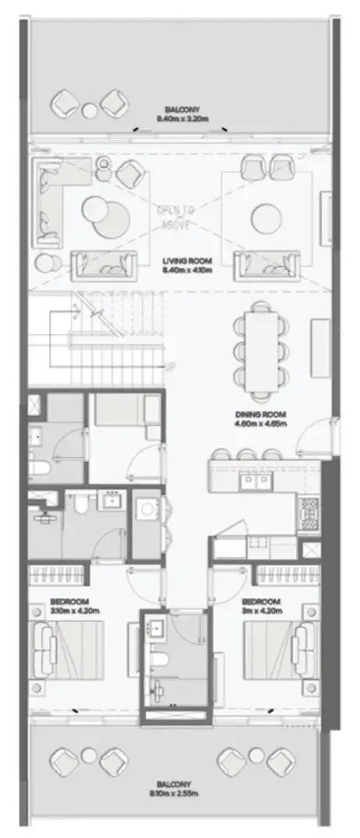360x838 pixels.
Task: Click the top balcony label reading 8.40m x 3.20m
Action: tap(182, 114)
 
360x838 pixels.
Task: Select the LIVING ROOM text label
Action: tap(182, 266)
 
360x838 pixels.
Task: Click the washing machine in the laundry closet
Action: tap(146, 511)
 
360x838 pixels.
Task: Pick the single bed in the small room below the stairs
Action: tap(125, 410)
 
